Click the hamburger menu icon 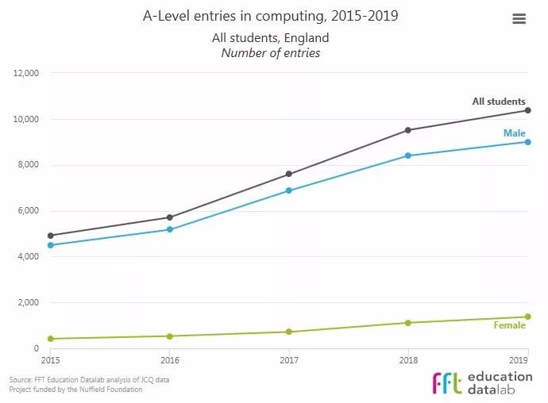[519, 19]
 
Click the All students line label [499, 102]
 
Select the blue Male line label [515, 133]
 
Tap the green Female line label [510, 325]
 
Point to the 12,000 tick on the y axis [26, 73]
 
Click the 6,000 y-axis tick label [28, 211]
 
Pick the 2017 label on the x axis [288, 359]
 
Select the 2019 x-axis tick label [519, 359]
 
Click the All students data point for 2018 [408, 130]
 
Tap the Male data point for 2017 [288, 190]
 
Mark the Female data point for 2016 [169, 336]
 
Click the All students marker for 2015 [50, 236]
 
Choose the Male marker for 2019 [527, 142]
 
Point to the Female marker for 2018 [408, 323]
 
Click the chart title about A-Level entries [271, 16]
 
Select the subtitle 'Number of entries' [271, 53]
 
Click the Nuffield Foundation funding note [76, 390]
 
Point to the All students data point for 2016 [169, 217]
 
